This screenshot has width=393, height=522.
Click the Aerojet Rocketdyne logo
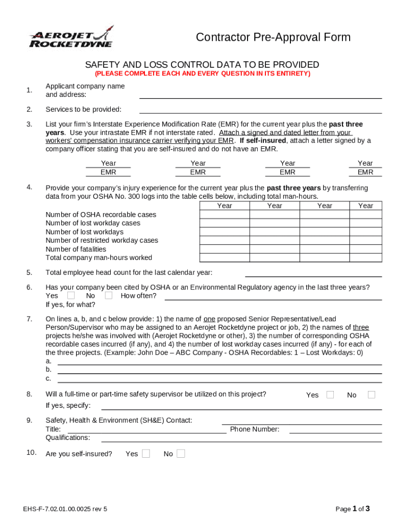(70, 37)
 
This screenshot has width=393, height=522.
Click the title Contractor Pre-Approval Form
(273, 37)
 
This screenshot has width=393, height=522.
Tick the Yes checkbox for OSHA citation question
(71, 295)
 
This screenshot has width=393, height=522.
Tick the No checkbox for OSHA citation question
(109, 295)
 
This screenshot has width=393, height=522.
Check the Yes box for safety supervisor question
(330, 395)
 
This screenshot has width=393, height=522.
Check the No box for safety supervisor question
(372, 395)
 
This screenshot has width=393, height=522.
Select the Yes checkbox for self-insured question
(146, 453)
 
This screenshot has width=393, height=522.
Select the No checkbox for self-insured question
(181, 453)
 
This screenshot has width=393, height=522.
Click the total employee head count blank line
(313, 274)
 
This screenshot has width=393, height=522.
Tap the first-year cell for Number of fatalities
(224, 249)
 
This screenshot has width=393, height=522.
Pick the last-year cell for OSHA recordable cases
(365, 214)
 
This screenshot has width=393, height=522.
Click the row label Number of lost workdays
(84, 231)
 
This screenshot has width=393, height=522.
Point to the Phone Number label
(255, 429)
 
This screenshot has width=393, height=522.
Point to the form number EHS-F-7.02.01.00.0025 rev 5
(65, 509)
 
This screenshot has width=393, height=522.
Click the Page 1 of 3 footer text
(352, 509)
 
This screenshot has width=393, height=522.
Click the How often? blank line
(273, 297)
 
